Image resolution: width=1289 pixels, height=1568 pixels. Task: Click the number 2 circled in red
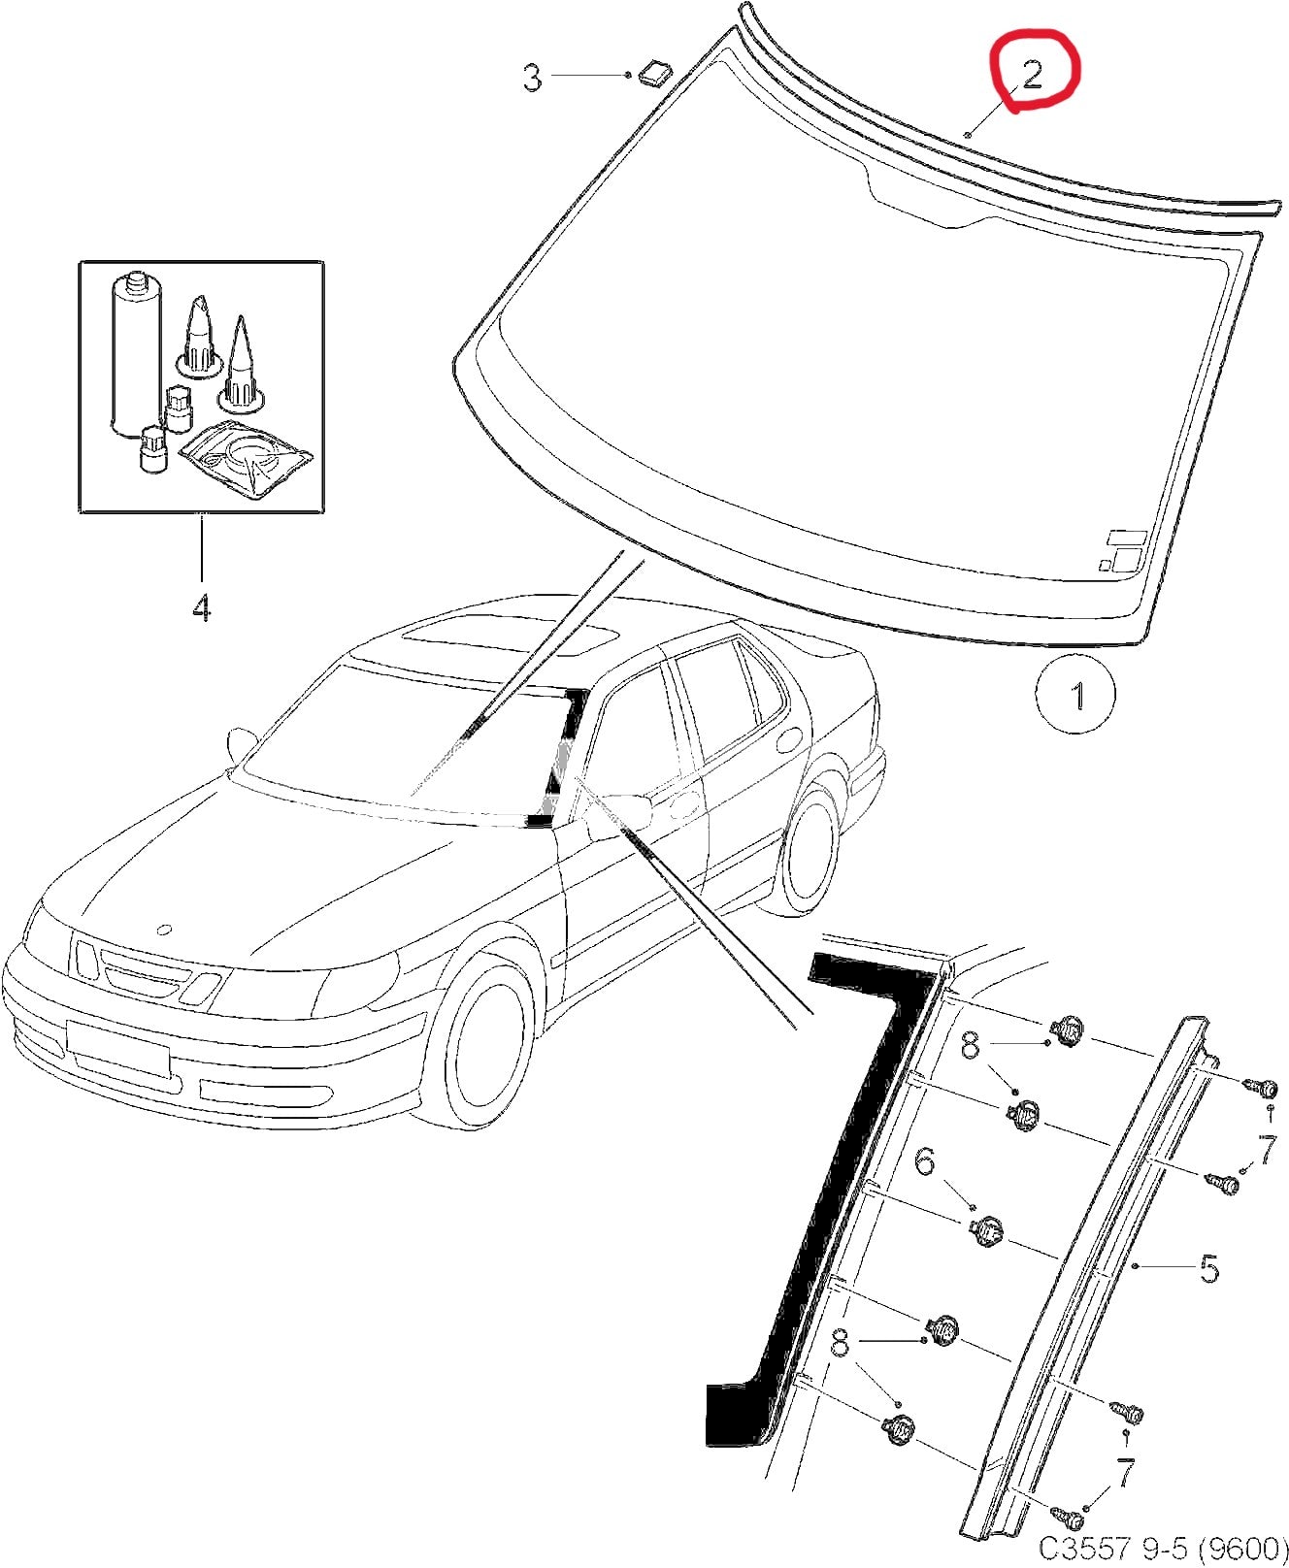coord(1033,74)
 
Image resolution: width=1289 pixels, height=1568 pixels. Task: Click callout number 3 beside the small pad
coord(532,78)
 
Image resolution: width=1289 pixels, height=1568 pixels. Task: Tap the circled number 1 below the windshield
coord(1075,695)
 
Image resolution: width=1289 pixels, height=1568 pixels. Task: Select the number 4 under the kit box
coord(201,608)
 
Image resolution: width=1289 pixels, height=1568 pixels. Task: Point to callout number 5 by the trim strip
coord(1208,1268)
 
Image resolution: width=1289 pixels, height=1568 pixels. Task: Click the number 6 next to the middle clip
coord(925,1161)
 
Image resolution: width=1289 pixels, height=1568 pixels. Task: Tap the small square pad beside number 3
coord(656,71)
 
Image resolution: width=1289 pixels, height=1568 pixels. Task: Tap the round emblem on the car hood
coord(164,930)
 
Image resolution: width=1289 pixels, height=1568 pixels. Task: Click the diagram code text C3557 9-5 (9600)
coord(1162,1545)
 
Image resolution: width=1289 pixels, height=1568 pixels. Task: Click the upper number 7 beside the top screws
coord(1267,1150)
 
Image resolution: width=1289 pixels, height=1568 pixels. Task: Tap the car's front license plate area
coord(118,1049)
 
